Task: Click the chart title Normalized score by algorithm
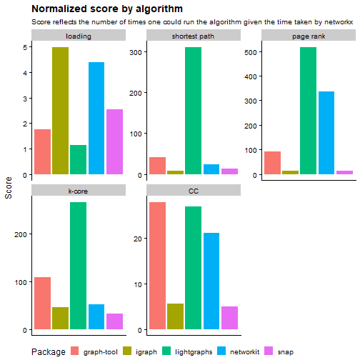107,9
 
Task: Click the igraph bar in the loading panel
60,111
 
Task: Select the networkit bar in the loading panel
96,118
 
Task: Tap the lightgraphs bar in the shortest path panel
193,111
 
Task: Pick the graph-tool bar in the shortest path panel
157,166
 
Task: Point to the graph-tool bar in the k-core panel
42,304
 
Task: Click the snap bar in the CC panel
229,318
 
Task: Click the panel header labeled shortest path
193,36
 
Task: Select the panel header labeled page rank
308,36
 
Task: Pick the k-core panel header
79,191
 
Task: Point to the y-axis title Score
9,188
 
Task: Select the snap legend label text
286,351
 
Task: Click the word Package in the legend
49,351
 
